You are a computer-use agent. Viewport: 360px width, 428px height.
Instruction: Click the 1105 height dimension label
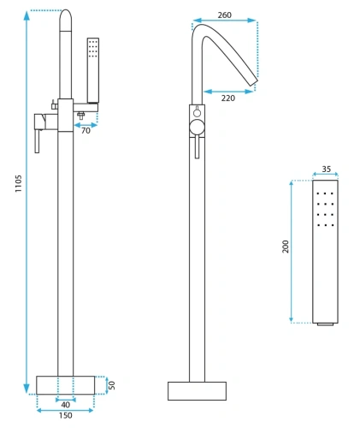point(18,183)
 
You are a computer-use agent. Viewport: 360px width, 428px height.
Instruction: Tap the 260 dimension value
point(225,15)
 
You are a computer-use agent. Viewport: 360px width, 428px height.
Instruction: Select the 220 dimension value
point(228,98)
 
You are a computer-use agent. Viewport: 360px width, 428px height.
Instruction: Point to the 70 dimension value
point(86,131)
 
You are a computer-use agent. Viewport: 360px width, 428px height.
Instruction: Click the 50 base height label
point(112,385)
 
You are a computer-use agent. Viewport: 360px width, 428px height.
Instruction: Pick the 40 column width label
point(66,405)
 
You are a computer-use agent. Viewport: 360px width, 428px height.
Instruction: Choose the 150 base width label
point(66,415)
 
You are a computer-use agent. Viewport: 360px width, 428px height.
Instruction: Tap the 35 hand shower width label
point(327,169)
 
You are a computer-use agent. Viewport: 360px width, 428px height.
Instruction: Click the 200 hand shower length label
point(286,247)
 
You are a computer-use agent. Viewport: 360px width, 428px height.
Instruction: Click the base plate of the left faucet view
point(66,385)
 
